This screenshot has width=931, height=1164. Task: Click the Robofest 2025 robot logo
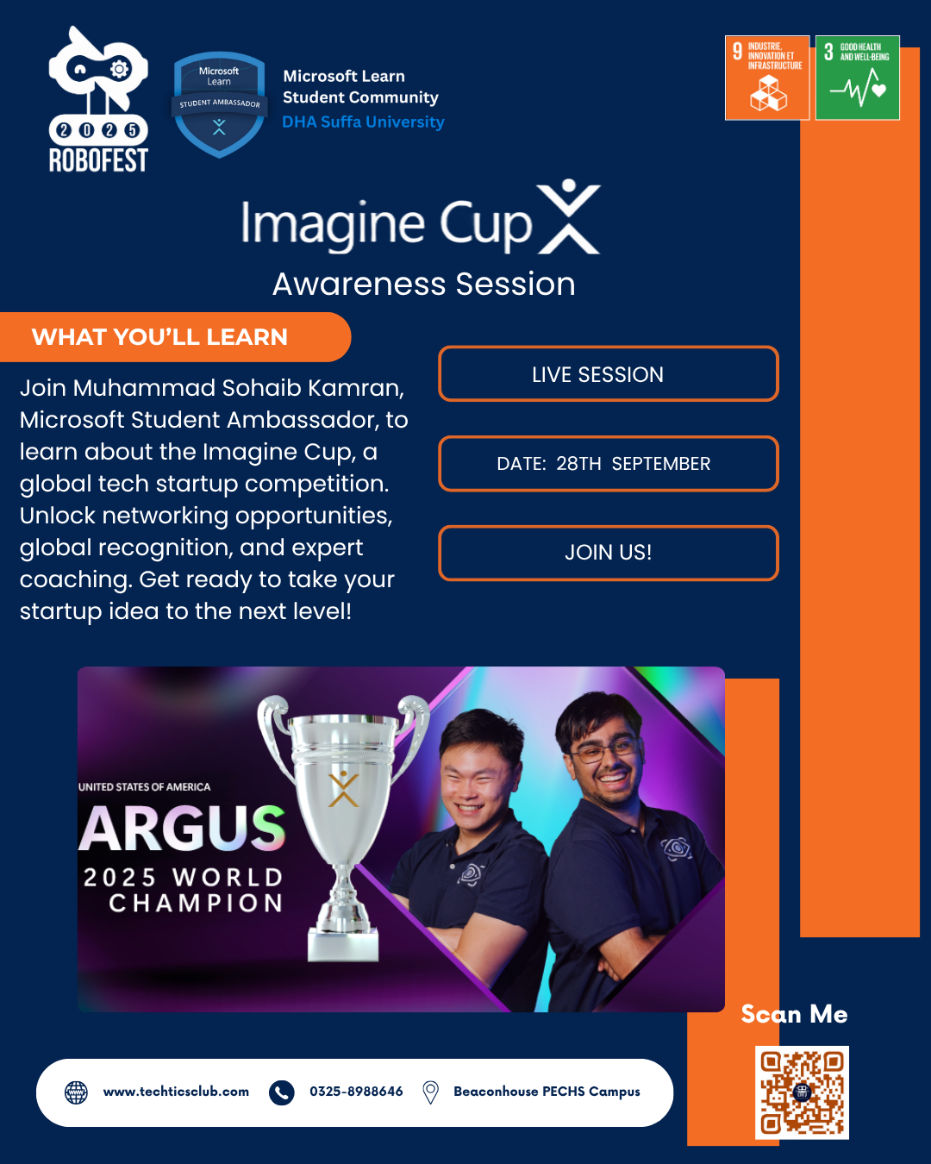pyautogui.click(x=97, y=99)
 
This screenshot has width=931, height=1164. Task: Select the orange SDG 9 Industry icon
pyautogui.click(x=767, y=78)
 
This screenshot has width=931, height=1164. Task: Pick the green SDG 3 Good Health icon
pyautogui.click(x=858, y=78)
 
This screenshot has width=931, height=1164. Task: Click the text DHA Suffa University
pyautogui.click(x=363, y=122)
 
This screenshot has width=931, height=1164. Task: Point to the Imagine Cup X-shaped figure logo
pyautogui.click(x=569, y=217)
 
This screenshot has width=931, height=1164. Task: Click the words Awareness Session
pyautogui.click(x=423, y=284)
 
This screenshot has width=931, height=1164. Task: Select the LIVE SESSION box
pyautogui.click(x=608, y=374)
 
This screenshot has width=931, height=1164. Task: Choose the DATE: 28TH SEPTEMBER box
pyautogui.click(x=608, y=464)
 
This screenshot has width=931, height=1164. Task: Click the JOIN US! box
pyautogui.click(x=608, y=553)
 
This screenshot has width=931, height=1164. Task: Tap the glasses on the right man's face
pyautogui.click(x=603, y=751)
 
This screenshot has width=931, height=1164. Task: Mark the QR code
pyautogui.click(x=802, y=1092)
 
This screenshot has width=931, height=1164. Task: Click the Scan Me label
pyautogui.click(x=794, y=1015)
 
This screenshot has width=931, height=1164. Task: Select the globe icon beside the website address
pyautogui.click(x=77, y=1092)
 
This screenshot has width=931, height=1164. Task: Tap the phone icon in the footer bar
pyautogui.click(x=282, y=1092)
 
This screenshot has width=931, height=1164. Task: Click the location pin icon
pyautogui.click(x=430, y=1092)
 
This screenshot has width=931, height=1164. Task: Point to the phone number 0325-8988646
pyautogui.click(x=356, y=1092)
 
